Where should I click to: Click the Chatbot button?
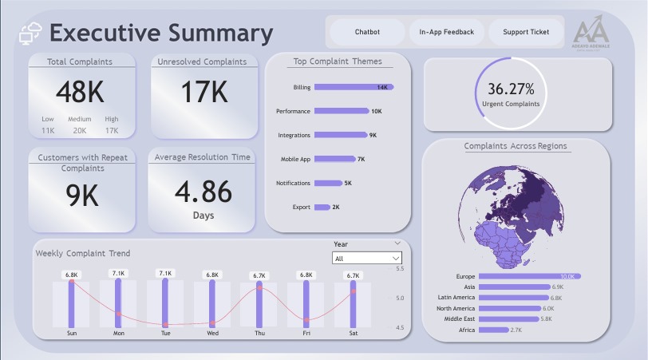pyautogui.click(x=367, y=33)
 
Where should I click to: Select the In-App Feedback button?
pyautogui.click(x=446, y=33)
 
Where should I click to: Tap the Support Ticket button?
pyautogui.click(x=526, y=33)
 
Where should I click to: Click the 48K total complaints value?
pyautogui.click(x=79, y=93)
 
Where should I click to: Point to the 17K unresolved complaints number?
pyautogui.click(x=204, y=93)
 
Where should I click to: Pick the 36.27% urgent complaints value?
pyautogui.click(x=511, y=89)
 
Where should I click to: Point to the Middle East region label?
pyautogui.click(x=460, y=319)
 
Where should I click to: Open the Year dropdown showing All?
pyautogui.click(x=367, y=258)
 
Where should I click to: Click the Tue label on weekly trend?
pyautogui.click(x=165, y=333)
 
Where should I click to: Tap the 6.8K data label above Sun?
pyautogui.click(x=72, y=275)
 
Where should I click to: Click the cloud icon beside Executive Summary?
pyautogui.click(x=30, y=34)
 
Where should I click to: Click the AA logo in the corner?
pyautogui.click(x=591, y=33)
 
